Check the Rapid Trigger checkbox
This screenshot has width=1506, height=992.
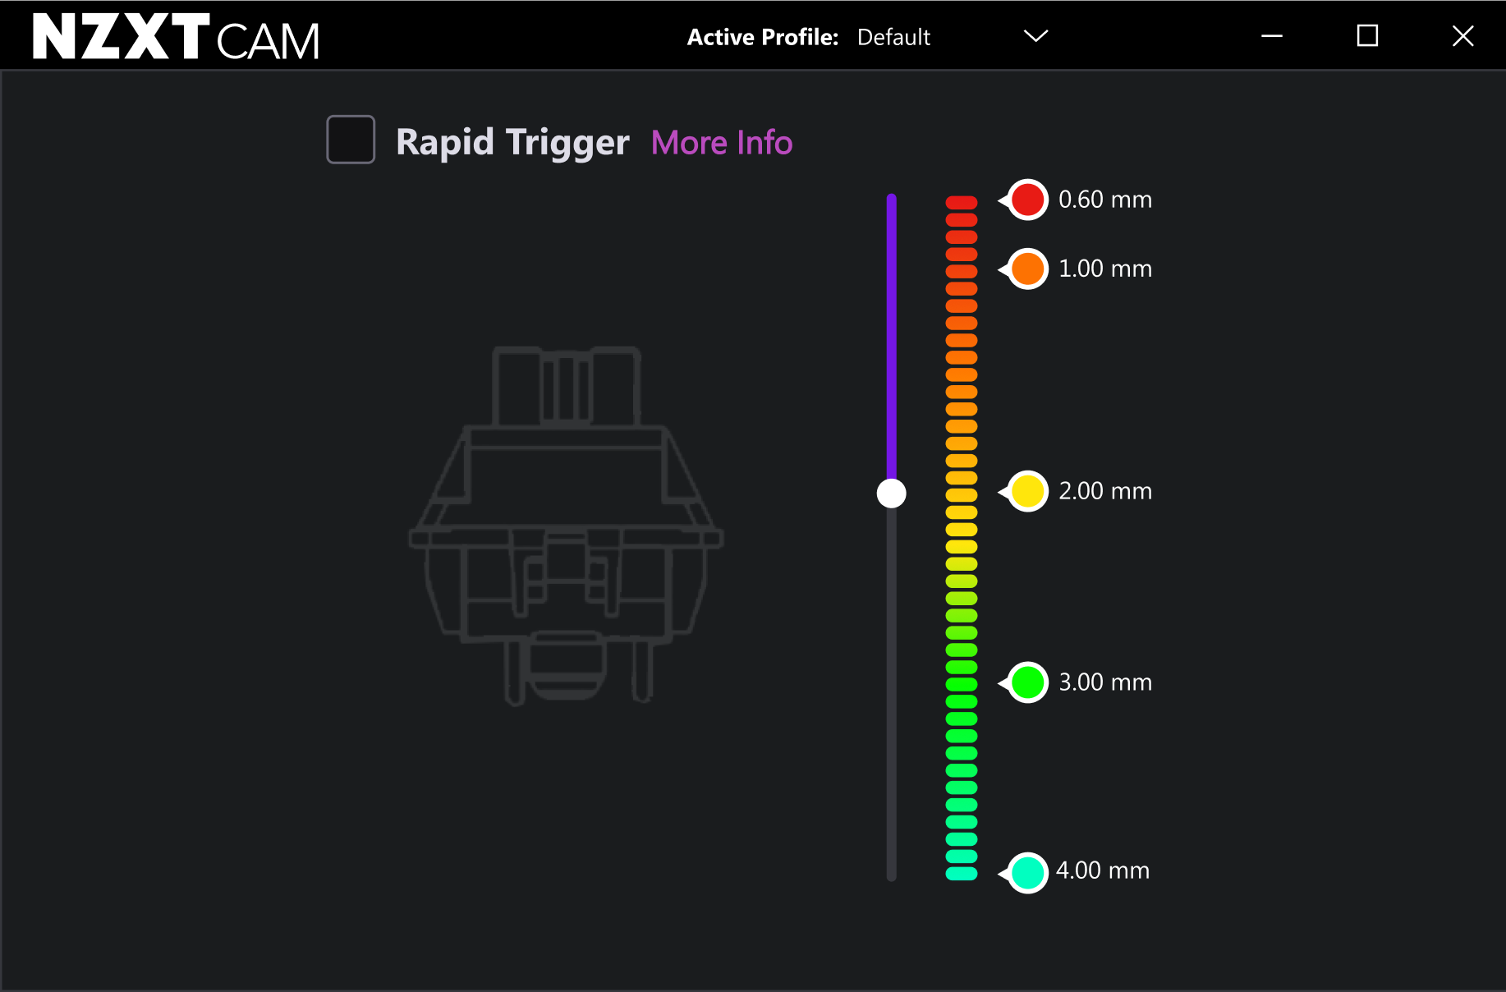(x=351, y=140)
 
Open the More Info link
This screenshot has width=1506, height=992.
(x=722, y=143)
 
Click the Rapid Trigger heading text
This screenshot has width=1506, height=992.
(x=512, y=143)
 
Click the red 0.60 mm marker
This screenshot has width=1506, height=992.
(x=1027, y=200)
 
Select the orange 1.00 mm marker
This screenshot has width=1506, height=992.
(x=1027, y=269)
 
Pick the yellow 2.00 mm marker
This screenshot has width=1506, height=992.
(x=1027, y=491)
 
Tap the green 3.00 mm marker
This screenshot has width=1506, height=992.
(x=1027, y=682)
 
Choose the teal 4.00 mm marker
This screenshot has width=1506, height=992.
(x=1027, y=872)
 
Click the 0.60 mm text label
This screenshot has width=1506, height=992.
(x=1105, y=200)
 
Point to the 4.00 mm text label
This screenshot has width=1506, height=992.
(x=1103, y=870)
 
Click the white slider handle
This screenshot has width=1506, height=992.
(x=891, y=494)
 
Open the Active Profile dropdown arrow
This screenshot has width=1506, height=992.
(x=1036, y=36)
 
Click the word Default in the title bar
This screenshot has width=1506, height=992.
(x=893, y=37)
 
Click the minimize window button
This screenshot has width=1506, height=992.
(x=1272, y=36)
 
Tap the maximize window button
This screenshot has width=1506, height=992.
(x=1367, y=35)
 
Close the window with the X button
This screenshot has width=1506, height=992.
(x=1462, y=36)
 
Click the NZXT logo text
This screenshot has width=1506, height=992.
(x=121, y=36)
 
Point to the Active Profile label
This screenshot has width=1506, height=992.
(x=763, y=37)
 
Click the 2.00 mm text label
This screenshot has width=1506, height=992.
(x=1105, y=491)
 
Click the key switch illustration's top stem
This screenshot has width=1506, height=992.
(x=567, y=386)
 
